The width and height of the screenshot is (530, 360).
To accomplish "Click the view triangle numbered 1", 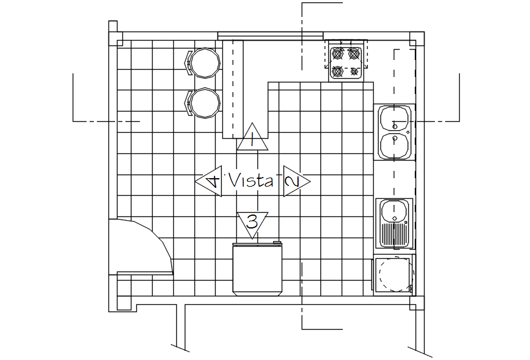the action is tap(252, 139).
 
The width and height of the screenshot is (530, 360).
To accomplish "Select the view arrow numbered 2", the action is tap(294, 181).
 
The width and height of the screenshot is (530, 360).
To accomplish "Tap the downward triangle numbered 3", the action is tap(253, 222).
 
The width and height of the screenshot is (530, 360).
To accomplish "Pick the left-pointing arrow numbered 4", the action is tap(210, 181).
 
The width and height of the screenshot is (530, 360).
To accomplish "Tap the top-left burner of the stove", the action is tap(338, 53).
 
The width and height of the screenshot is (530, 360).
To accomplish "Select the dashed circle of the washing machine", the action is tap(394, 276).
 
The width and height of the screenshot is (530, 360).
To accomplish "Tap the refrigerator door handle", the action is tap(277, 242).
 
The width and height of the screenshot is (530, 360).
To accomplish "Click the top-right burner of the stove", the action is tap(355, 53).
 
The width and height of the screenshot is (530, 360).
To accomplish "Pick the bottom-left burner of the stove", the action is tap(338, 72).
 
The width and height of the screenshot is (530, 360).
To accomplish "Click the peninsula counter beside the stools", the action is tap(233, 91).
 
